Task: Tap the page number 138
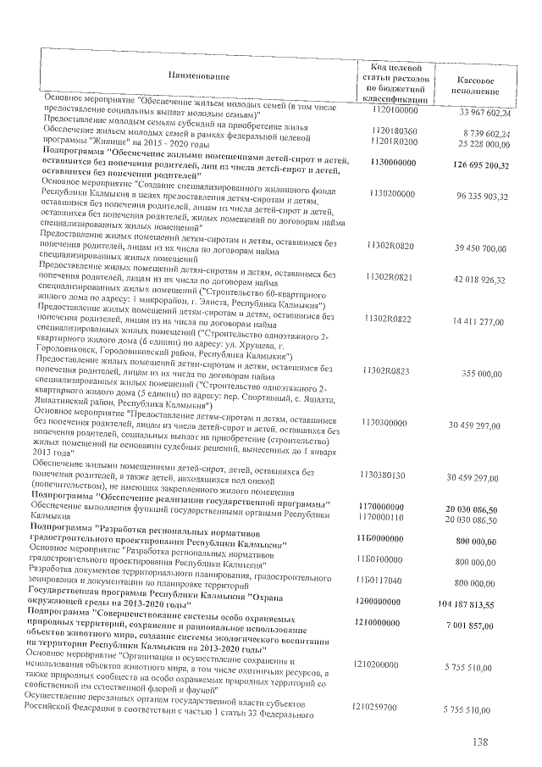tap(482, 743)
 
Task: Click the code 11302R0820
tap(390, 246)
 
